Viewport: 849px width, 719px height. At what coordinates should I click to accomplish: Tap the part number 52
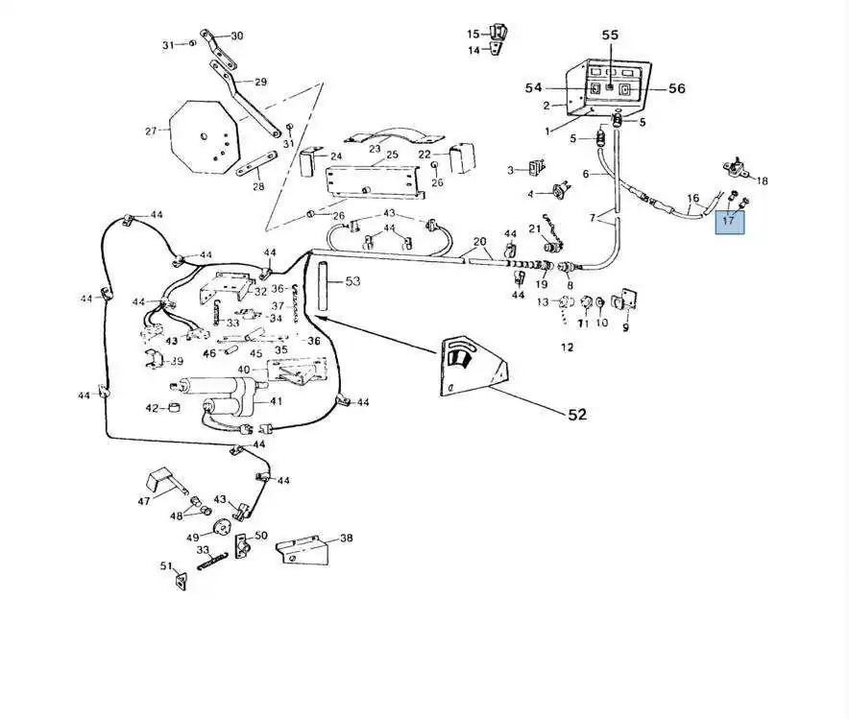coord(576,415)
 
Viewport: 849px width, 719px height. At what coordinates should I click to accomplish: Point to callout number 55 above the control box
coord(611,35)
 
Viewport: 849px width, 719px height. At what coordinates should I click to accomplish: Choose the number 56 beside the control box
coord(677,88)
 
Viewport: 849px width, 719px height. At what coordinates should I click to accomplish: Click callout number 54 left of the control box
coord(534,88)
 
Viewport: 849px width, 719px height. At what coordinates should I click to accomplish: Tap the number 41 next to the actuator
coord(276,401)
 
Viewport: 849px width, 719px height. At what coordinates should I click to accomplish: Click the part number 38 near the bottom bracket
coord(346,539)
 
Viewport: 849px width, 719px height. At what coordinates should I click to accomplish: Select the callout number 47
coord(144,501)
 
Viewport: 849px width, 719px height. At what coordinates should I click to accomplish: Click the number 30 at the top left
coord(237,36)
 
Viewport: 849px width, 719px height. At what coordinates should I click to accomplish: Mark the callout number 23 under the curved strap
coord(376,149)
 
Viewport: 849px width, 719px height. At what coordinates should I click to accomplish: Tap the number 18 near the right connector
coord(763,180)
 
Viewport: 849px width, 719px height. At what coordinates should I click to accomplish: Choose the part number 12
coord(567,348)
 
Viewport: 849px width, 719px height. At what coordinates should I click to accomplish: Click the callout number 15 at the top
coord(473,35)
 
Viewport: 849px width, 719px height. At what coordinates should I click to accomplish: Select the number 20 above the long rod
coord(480,241)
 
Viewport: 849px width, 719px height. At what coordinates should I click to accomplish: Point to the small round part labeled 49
coord(222,525)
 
